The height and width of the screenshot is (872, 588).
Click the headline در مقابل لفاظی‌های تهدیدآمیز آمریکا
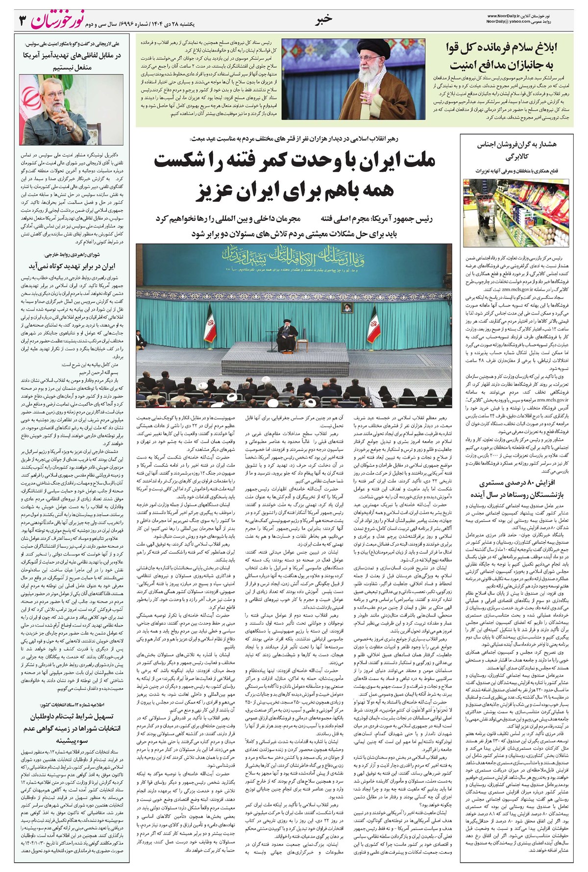(x=72, y=55)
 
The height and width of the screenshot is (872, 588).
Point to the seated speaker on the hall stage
(x=284, y=335)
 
